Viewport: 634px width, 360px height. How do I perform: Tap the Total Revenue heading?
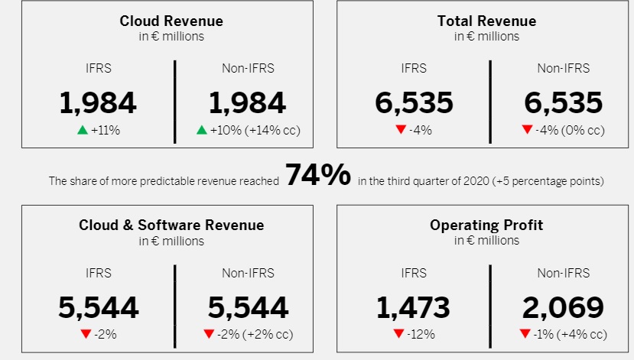click(486, 21)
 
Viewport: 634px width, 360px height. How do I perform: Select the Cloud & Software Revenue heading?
click(171, 225)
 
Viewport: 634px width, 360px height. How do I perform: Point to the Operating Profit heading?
click(486, 225)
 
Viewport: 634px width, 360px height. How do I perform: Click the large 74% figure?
click(318, 177)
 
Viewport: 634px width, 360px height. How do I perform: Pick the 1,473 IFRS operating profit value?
click(413, 307)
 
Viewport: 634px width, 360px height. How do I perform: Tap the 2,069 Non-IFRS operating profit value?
click(563, 307)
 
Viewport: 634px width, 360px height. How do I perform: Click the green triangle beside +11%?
click(83, 130)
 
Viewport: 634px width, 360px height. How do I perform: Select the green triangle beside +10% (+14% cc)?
click(202, 130)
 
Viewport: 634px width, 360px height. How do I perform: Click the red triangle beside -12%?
click(398, 334)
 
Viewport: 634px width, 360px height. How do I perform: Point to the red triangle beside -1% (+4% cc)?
click(525, 334)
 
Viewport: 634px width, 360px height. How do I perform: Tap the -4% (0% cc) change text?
click(569, 130)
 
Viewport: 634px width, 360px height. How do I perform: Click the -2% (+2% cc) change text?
click(254, 334)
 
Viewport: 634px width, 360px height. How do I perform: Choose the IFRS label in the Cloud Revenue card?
click(99, 68)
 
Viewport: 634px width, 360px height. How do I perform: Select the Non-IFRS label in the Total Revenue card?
click(563, 68)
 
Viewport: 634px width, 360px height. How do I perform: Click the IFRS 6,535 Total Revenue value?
click(414, 103)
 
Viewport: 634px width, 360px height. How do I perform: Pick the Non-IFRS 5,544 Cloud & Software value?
click(248, 307)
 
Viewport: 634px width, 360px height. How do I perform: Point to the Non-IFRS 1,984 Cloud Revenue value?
click(248, 103)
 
